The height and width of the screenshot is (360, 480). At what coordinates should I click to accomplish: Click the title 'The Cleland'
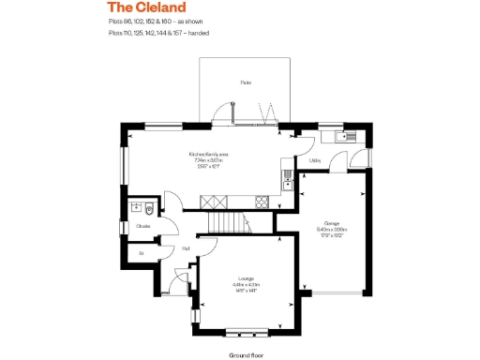pyautogui.click(x=140, y=7)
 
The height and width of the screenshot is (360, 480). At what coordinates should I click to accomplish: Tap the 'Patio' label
pyautogui.click(x=246, y=83)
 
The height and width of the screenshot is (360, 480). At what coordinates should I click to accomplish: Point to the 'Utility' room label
pyautogui.click(x=314, y=160)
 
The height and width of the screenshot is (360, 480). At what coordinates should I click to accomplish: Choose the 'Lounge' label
pyautogui.click(x=246, y=278)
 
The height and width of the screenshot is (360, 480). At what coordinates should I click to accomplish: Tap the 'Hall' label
pyautogui.click(x=187, y=247)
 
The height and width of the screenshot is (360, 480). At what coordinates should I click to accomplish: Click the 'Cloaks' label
pyautogui.click(x=143, y=226)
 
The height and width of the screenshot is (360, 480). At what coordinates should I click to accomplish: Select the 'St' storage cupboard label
pyautogui.click(x=142, y=253)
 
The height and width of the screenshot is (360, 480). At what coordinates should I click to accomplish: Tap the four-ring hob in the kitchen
pyautogui.click(x=262, y=200)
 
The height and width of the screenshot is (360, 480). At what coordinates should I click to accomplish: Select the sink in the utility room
pyautogui.click(x=338, y=138)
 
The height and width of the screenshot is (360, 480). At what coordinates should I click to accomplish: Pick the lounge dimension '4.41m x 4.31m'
pyautogui.click(x=246, y=284)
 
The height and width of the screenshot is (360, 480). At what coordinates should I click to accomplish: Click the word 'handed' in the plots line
pyautogui.click(x=198, y=33)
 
